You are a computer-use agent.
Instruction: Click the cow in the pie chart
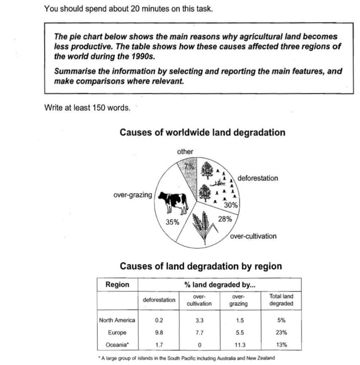[x=173, y=202]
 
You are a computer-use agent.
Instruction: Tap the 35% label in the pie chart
[x=173, y=223]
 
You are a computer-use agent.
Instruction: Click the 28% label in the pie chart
[x=225, y=219]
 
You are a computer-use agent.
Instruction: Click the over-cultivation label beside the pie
[x=253, y=236]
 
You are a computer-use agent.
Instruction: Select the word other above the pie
[x=185, y=152]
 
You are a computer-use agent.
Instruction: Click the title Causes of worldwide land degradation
[x=202, y=133]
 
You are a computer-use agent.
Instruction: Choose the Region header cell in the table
[x=117, y=285]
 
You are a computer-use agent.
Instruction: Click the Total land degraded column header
[x=281, y=300]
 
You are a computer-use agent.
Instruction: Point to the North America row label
[x=117, y=320]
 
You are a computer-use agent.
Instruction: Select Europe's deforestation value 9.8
[x=159, y=333]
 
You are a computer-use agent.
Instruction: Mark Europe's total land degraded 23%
[x=282, y=333]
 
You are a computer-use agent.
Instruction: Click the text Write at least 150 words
[x=87, y=108]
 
